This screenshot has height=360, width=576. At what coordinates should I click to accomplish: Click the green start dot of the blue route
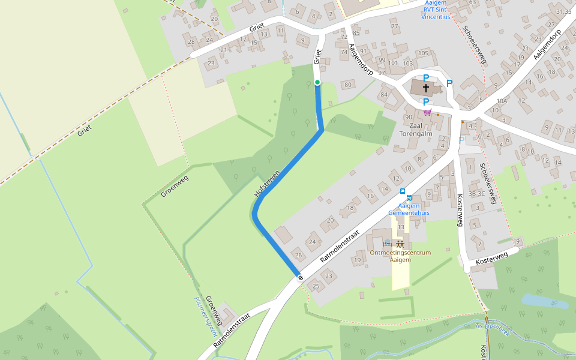317,82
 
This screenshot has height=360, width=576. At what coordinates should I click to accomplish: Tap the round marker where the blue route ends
299,277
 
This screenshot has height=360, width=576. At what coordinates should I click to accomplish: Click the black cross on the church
426,88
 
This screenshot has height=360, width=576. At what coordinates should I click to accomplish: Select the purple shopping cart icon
427,112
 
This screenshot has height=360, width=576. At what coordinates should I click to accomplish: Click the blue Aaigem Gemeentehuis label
408,209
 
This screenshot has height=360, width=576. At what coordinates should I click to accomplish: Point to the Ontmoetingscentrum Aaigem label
400,256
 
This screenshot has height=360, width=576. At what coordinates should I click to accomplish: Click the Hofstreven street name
268,183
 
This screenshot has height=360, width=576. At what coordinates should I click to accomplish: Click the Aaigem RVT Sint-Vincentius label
436,10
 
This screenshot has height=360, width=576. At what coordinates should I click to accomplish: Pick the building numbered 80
348,85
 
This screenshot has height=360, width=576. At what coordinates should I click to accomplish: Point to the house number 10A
502,101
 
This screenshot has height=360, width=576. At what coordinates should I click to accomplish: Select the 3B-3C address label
476,193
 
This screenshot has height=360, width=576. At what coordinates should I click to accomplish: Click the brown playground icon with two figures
400,244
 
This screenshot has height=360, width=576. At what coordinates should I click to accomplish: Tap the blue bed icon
388,244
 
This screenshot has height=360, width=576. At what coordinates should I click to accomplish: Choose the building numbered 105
424,53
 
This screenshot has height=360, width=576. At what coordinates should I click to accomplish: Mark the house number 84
385,94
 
